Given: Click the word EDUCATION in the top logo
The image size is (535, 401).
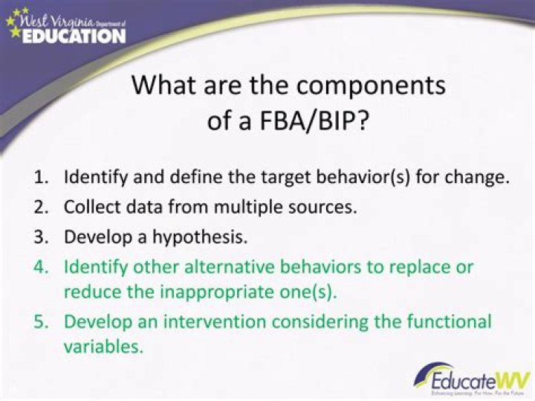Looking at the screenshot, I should pos(74,35).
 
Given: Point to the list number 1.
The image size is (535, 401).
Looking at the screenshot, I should pos(41,179).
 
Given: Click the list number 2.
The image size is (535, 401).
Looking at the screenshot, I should pos(41,208).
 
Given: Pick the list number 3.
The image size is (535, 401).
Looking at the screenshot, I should pos(41,237).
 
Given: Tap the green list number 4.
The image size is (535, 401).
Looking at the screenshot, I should pos(41,266).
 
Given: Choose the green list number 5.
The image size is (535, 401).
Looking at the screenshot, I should pos(41,322).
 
